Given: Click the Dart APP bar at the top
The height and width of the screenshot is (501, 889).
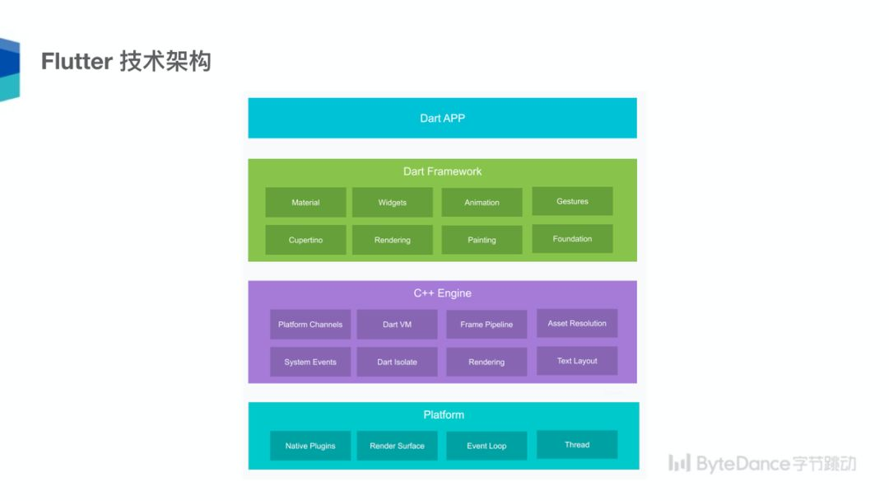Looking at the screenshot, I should (442, 118).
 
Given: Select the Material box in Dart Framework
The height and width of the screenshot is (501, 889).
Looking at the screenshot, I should (305, 203).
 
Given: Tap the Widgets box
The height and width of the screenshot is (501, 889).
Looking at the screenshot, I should (393, 203).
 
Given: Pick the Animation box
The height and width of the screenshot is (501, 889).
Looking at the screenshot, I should (482, 203).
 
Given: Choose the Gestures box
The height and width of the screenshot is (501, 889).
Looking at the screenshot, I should (572, 201).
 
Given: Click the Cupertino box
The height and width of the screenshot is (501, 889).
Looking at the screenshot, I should (305, 240).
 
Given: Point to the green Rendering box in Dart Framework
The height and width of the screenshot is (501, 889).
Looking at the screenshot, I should (393, 240).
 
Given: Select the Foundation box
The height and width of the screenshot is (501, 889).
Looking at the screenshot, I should (572, 239).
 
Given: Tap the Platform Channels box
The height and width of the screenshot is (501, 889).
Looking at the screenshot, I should (310, 325).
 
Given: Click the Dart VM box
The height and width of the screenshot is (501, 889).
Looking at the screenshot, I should (397, 325).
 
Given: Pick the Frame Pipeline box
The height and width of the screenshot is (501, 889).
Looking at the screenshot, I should (486, 325).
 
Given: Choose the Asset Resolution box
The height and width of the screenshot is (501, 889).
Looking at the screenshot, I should (577, 323).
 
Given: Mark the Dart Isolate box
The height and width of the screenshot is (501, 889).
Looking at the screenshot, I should (397, 362).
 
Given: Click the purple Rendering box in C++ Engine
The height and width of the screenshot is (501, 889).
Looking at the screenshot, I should (486, 362).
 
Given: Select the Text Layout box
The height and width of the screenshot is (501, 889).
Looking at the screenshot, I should (577, 361).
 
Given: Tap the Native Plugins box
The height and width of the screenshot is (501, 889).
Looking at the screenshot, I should (310, 446).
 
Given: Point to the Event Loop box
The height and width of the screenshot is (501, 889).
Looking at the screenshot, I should (486, 446).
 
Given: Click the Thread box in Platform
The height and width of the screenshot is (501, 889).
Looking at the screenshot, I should (577, 445).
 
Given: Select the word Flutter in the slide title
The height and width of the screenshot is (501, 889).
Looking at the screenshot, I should (77, 62).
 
